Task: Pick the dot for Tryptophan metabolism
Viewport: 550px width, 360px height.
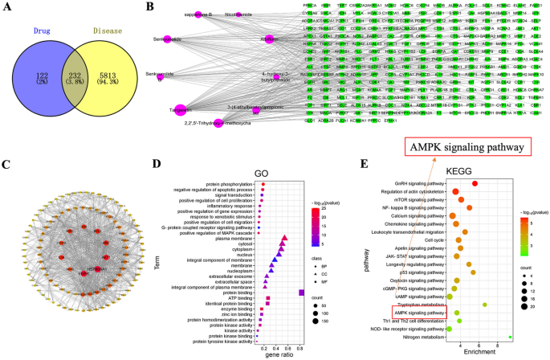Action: [484, 305]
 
